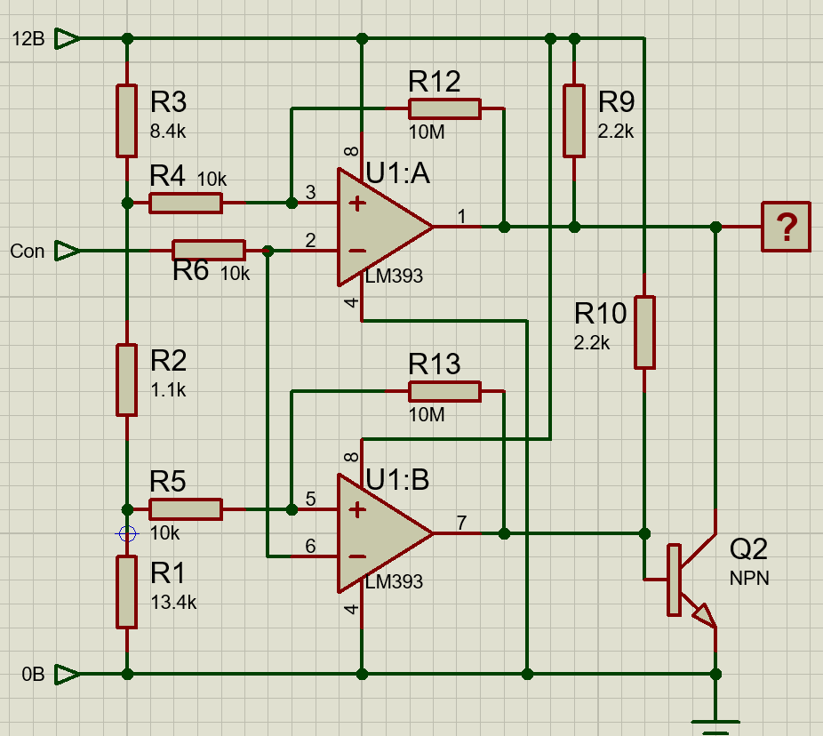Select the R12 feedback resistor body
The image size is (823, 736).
(x=443, y=109)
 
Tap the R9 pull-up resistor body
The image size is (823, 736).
(x=574, y=120)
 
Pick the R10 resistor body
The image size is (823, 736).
(x=644, y=332)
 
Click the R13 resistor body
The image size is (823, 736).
(x=443, y=390)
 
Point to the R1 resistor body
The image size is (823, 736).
(x=127, y=591)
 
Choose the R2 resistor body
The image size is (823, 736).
(x=127, y=380)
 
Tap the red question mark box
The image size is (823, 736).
(x=786, y=227)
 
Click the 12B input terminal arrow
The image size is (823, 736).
(x=67, y=38)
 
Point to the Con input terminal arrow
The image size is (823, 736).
(x=67, y=252)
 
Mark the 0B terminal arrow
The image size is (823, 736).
(x=67, y=675)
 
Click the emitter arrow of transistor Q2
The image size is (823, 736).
(x=705, y=615)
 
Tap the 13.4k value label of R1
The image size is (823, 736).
(x=173, y=602)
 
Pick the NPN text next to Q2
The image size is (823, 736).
(x=749, y=579)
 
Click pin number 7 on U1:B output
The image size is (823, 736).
(x=461, y=522)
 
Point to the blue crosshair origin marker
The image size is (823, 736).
(x=127, y=534)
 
